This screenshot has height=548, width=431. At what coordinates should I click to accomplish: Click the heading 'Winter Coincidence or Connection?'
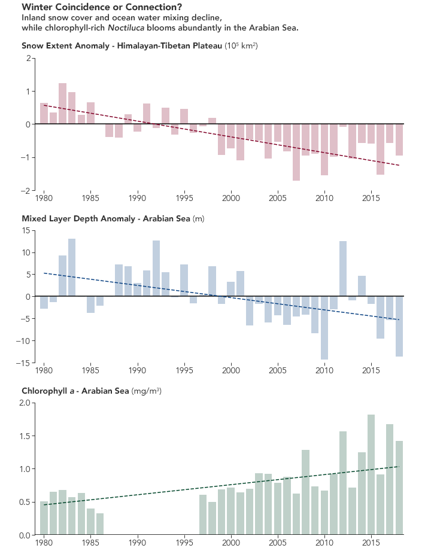click(x=101, y=7)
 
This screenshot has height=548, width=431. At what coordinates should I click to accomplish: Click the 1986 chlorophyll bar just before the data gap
click(x=100, y=523)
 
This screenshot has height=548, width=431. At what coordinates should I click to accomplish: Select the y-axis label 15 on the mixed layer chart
click(x=26, y=230)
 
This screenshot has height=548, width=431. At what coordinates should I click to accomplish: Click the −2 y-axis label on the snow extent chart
click(x=26, y=190)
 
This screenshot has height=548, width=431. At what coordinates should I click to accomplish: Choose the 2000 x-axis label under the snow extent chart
click(x=230, y=197)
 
